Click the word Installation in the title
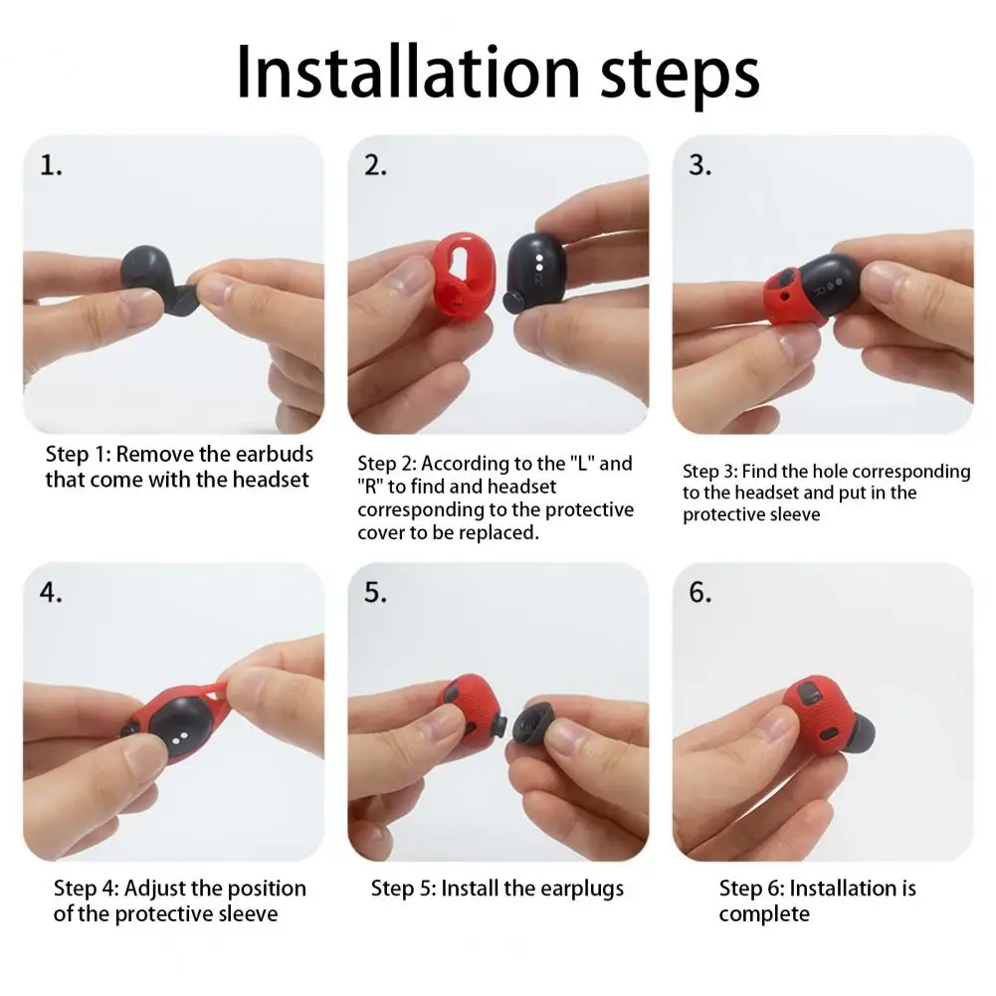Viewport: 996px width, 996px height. pos(408,72)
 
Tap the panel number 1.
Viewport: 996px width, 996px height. pos(51,166)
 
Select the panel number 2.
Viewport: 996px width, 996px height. pos(375,166)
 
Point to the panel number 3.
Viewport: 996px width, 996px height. pos(700,166)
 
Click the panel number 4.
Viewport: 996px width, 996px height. pos(51,593)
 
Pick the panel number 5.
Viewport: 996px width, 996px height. pos(375,593)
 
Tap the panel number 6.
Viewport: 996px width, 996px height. pos(700,593)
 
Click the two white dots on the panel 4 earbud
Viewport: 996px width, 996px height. pos(179,737)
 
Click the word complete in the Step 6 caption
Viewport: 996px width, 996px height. pos(764,914)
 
